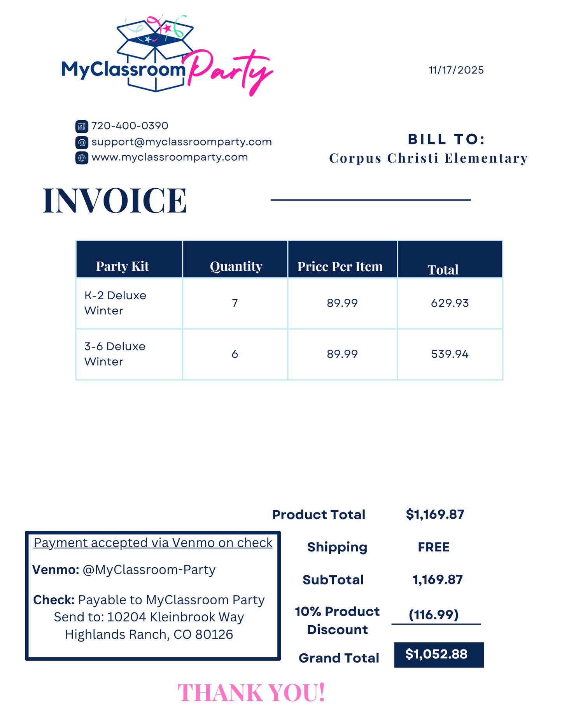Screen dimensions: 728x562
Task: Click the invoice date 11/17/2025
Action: coord(456,70)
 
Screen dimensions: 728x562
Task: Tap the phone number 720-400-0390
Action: coord(130,126)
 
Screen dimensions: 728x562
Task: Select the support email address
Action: coord(181,142)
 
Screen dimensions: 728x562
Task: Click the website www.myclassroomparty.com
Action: coord(169,157)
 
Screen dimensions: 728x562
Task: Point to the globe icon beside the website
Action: coord(82,158)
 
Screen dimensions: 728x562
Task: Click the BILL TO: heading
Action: coord(446,139)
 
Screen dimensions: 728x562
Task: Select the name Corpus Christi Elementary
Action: coord(428,158)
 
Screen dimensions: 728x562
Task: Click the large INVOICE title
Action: coord(115,200)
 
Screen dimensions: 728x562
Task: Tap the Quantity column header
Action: coord(236,266)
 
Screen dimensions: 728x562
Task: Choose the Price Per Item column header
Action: coord(340,267)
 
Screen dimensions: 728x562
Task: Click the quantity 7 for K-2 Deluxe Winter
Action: coord(235,303)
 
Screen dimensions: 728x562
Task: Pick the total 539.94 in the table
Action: coord(450,354)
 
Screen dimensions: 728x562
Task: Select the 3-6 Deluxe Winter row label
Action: coord(115,354)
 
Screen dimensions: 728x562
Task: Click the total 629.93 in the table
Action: coord(450,303)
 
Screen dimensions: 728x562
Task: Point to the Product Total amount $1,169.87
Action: coord(435,514)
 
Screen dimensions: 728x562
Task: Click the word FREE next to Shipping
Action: coord(434,547)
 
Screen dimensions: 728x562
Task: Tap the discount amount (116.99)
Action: coord(434,615)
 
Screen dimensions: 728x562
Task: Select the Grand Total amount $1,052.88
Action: coord(436,654)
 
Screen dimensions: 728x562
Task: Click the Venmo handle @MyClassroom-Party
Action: coord(149,570)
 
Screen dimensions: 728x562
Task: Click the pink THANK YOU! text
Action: coord(251,693)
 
